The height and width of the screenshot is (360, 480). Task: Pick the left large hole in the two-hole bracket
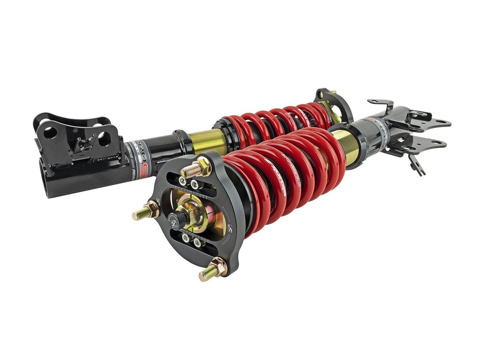[x=50, y=132]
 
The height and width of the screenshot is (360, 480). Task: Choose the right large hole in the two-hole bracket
[x=104, y=139]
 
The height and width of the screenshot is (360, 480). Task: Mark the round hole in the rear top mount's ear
[x=323, y=96]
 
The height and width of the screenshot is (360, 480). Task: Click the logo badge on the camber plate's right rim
[x=229, y=229]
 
